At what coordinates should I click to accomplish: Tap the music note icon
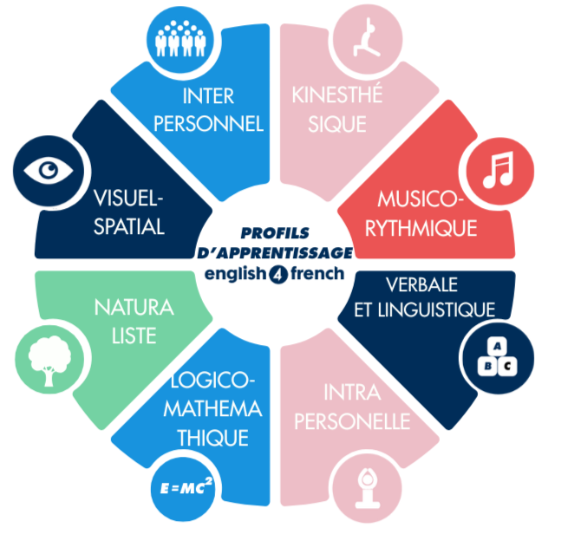pyautogui.click(x=496, y=168)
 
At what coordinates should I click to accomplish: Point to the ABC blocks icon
pyautogui.click(x=494, y=356)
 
